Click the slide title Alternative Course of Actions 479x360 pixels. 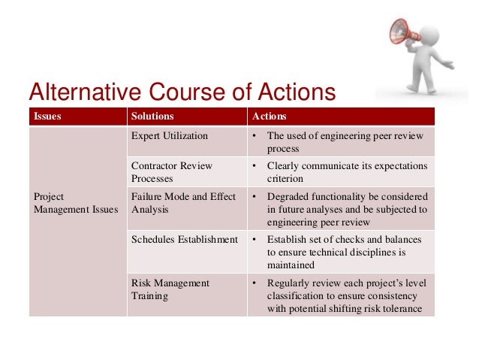click(181, 92)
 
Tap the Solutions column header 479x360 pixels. click(152, 116)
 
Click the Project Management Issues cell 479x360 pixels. click(75, 203)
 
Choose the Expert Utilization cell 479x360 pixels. click(170, 136)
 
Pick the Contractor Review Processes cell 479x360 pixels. click(172, 172)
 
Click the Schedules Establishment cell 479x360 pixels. click(184, 240)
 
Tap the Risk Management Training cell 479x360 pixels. click(170, 289)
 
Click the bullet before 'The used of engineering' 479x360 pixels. click(255, 136)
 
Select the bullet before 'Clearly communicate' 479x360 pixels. click(255, 166)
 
